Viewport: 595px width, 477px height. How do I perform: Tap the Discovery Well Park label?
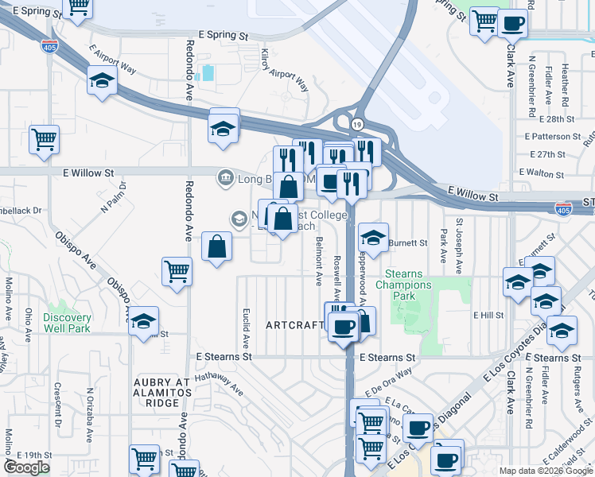[67, 323]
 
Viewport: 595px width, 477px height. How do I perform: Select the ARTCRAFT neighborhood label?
[294, 325]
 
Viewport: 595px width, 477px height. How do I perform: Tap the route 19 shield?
[358, 125]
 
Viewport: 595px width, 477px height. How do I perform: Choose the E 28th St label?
[556, 118]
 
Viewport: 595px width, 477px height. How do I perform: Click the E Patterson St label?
[554, 137]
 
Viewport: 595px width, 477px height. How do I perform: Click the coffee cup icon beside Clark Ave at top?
[513, 24]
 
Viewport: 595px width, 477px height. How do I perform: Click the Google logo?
[26, 467]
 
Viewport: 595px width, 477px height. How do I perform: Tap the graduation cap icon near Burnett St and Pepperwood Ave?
[372, 236]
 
